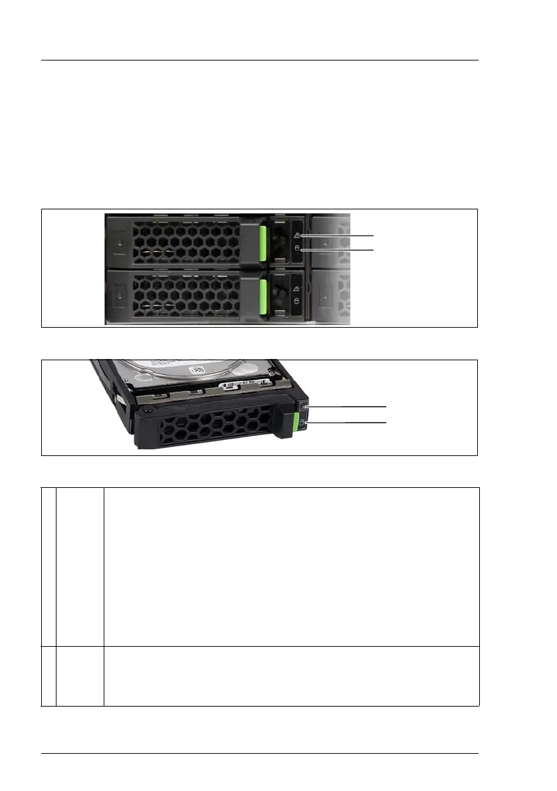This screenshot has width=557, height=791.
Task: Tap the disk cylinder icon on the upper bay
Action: (x=297, y=249)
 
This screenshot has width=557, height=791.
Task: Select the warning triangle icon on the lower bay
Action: (x=297, y=289)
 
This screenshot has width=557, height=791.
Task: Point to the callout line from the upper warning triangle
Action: (x=339, y=236)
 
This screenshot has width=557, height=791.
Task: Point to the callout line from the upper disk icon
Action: (x=339, y=249)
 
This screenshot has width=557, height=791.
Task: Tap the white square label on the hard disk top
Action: (x=197, y=370)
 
